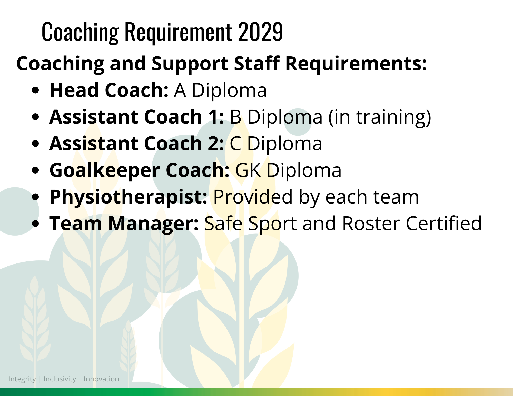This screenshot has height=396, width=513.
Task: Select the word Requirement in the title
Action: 178,33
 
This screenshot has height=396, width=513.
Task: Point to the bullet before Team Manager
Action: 36,223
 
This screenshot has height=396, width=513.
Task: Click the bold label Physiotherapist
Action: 128,197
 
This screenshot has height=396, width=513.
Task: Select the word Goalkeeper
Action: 105,170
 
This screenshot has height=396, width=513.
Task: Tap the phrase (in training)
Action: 380,117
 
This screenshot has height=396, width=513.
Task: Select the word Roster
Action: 371,223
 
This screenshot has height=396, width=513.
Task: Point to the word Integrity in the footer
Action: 22,379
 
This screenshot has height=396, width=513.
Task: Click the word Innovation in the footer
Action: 101,379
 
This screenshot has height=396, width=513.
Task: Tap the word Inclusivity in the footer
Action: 60,379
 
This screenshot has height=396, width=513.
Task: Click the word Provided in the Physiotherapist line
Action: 253,197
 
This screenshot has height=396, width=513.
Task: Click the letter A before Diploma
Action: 180,90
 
